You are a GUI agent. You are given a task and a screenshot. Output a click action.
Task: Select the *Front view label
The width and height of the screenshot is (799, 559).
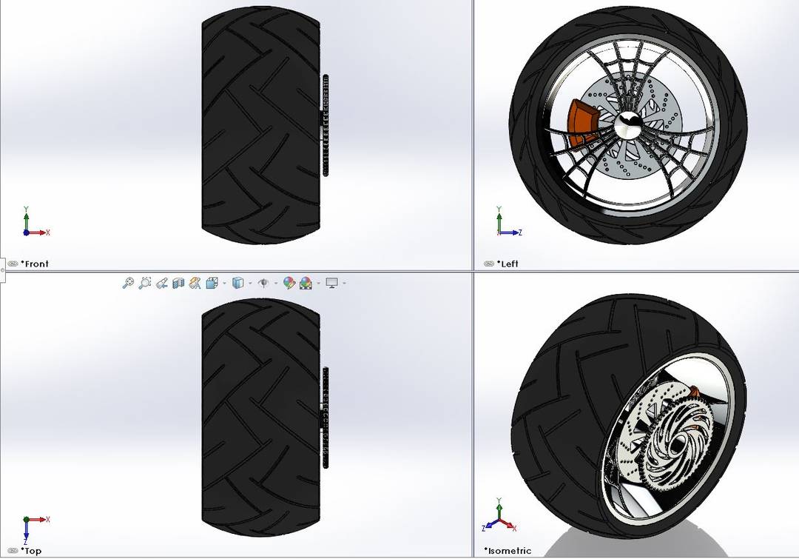(x=35, y=264)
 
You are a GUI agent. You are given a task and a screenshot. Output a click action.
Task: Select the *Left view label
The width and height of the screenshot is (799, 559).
(x=510, y=264)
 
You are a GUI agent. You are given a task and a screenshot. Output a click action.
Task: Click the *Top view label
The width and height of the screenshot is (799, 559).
(x=31, y=551)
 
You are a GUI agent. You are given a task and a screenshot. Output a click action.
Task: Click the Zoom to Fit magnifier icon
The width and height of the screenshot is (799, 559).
(x=128, y=283)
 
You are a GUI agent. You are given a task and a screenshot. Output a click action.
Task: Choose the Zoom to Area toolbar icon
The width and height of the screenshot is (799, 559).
(x=145, y=283)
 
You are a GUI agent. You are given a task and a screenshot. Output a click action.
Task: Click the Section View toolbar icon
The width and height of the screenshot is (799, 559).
(x=178, y=283)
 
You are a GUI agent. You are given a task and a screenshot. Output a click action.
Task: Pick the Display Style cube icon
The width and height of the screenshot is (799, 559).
(x=238, y=283)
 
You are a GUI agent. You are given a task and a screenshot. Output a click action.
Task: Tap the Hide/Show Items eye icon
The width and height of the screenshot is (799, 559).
(x=262, y=283)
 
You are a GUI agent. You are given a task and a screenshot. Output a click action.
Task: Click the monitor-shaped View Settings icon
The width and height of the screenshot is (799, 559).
(x=331, y=283)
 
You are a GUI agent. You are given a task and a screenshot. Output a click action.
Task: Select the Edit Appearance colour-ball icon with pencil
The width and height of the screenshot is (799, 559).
(x=289, y=283)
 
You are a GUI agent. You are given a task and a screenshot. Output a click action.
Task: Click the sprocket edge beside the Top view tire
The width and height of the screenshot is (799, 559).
(x=325, y=418)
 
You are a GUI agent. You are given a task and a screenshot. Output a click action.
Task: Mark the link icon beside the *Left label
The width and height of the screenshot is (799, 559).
(x=488, y=264)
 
